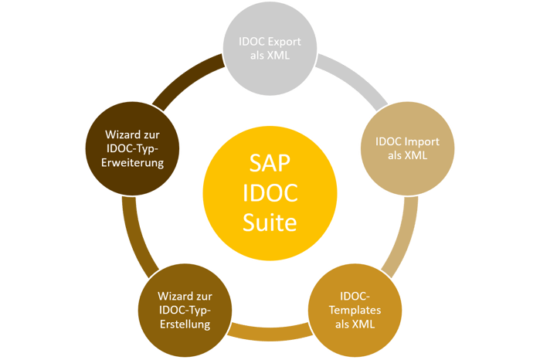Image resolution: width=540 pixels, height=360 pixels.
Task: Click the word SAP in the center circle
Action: point(270,162)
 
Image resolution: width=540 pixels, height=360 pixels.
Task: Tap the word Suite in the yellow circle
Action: point(270,223)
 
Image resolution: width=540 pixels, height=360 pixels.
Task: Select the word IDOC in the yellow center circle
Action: point(270,193)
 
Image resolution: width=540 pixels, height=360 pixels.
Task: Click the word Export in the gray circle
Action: point(284,42)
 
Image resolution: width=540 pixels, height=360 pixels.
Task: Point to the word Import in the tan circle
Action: point(422,141)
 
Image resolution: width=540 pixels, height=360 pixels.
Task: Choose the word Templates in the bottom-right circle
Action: point(355,310)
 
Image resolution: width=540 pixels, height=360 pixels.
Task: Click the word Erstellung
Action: point(185,324)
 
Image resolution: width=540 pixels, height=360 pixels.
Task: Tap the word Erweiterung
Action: point(132,162)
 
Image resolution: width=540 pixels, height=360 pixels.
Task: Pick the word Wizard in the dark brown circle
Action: point(121,134)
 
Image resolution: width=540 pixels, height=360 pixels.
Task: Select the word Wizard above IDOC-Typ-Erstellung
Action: point(173,297)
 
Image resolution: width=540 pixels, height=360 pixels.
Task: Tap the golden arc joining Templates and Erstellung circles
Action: point(270,331)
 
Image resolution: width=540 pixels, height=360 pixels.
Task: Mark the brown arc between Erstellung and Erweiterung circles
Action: point(135,238)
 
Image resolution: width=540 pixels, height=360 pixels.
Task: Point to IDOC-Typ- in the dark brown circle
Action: point(132,148)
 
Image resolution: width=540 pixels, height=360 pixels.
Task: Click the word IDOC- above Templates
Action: point(355,297)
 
